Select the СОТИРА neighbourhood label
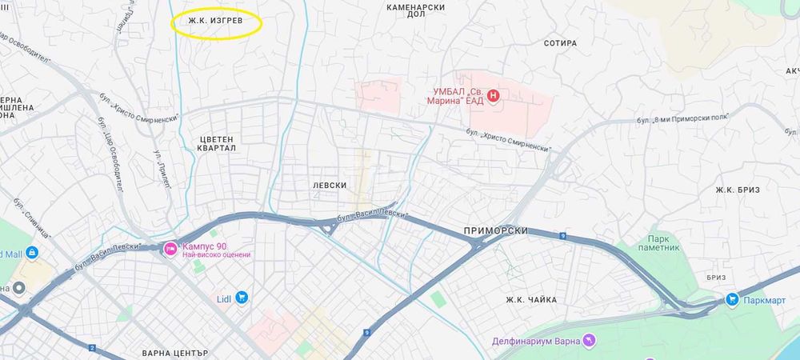point(559,43)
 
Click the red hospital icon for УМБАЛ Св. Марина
point(493,96)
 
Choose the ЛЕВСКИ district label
point(330,185)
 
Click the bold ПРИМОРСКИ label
point(495,230)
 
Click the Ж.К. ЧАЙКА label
point(530,300)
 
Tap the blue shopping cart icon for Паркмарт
point(731,298)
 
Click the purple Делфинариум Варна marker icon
point(590,341)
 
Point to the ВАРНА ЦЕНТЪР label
point(174,353)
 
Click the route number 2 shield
point(92,348)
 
